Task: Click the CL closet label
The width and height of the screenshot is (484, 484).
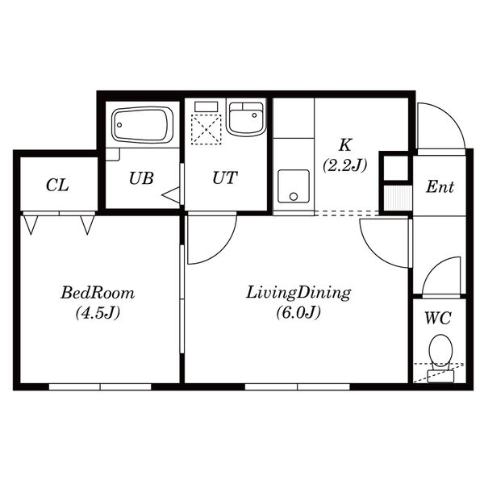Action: (x=57, y=186)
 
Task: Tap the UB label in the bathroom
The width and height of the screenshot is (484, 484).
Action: (x=141, y=178)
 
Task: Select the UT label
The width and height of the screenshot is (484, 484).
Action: (x=225, y=177)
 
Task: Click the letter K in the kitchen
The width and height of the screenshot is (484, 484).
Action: (x=345, y=145)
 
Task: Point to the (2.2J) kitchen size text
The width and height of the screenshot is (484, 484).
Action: (x=345, y=165)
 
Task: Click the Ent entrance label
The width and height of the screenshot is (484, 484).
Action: (x=440, y=187)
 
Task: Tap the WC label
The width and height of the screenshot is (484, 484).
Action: (x=438, y=318)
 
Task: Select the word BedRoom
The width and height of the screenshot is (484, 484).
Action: (x=98, y=293)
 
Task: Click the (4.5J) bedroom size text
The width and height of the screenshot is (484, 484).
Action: (x=98, y=313)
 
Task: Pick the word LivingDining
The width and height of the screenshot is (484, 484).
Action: (x=298, y=293)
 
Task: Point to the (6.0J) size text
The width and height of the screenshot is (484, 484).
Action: (x=298, y=313)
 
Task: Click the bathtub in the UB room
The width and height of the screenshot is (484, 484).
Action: (x=142, y=125)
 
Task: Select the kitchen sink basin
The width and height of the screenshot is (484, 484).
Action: (x=294, y=186)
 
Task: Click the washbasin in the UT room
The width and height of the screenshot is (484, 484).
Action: (x=246, y=119)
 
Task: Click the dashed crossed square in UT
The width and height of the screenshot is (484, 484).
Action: (x=207, y=129)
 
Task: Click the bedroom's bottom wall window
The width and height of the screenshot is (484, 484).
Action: (x=100, y=386)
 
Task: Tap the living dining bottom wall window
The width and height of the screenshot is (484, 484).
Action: (x=297, y=386)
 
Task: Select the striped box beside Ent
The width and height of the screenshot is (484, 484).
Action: (x=398, y=198)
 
